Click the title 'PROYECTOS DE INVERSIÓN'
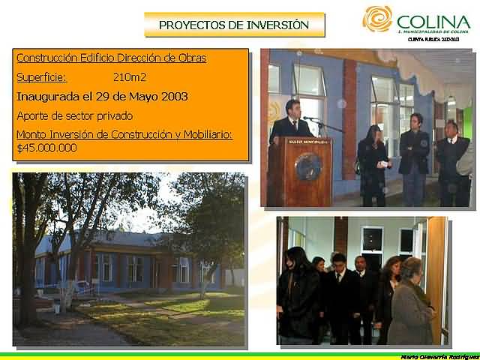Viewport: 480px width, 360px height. click(x=234, y=25)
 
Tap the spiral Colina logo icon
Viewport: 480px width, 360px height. click(x=377, y=19)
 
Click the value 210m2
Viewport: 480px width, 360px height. click(x=129, y=76)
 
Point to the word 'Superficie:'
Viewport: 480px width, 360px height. click(x=41, y=76)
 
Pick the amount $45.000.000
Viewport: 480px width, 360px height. click(x=46, y=148)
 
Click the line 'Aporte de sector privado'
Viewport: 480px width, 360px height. click(x=74, y=115)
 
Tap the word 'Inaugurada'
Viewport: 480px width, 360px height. click(x=48, y=96)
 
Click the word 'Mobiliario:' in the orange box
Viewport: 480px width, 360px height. click(x=203, y=134)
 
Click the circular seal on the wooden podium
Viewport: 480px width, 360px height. click(x=308, y=166)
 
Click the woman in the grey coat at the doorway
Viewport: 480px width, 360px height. click(x=412, y=304)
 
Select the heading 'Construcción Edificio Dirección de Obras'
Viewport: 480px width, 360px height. click(x=111, y=58)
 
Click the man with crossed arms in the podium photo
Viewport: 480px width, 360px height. click(x=414, y=154)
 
